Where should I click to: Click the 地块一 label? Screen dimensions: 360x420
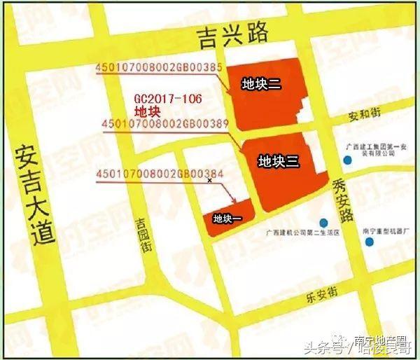pos(227,219)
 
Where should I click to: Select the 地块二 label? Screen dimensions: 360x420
pos(261,85)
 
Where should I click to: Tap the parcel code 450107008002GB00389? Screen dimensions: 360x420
pos(165,125)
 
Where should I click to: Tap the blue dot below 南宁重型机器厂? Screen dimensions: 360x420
pos(369,242)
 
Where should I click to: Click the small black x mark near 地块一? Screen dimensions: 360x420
pos(209,180)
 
